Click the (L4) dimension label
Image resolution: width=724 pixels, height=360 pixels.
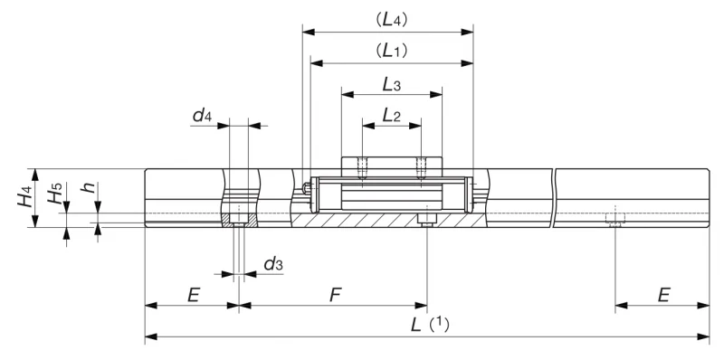pos(392,20)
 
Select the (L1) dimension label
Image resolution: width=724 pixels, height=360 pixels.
pos(392,51)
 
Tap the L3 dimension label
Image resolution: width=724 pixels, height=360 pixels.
pos(392,84)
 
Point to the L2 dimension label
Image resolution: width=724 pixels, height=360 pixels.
pos(392,115)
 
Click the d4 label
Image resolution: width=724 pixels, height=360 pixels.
pos(202,116)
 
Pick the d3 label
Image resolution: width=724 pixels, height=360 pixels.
pos(273,264)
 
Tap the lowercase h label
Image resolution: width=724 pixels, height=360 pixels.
pos(89,187)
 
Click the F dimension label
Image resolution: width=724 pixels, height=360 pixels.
pos(335,295)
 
